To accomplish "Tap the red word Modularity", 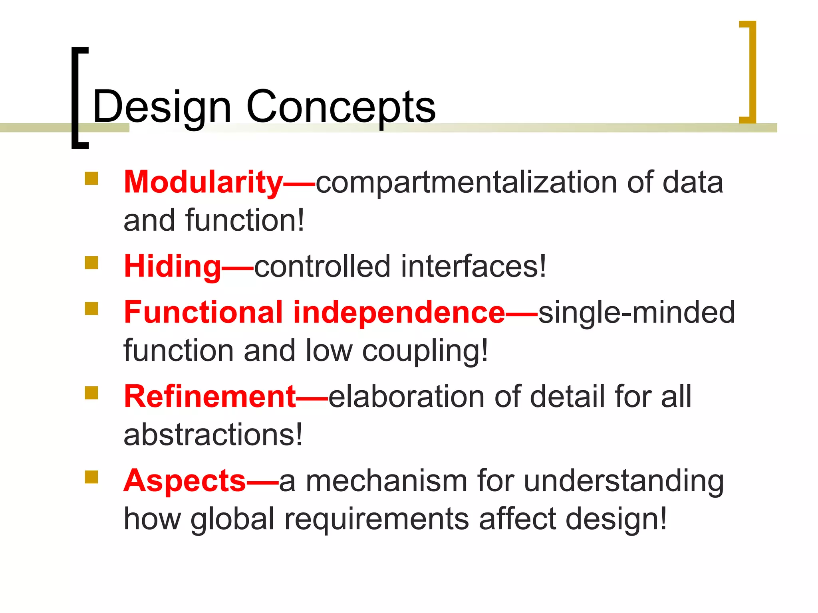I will pos(203,182).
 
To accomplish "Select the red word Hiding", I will pos(172,267).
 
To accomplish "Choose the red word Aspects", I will pos(185,481).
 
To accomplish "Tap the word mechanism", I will pos(386,481).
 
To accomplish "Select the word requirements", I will pos(377,519).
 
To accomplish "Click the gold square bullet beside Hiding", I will pos(91,263).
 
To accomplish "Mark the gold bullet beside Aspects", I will pos(91,477).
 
